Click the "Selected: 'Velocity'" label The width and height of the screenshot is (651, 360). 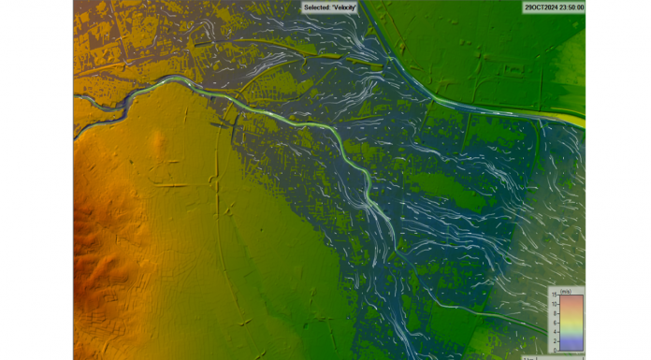pyautogui.click(x=330, y=7)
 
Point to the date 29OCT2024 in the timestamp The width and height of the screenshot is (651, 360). pyautogui.click(x=541, y=7)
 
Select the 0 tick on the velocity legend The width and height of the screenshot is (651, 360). pyautogui.click(x=556, y=350)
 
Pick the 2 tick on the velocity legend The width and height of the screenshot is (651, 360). pyautogui.click(x=556, y=339)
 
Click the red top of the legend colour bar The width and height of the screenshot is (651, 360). pyautogui.click(x=571, y=299)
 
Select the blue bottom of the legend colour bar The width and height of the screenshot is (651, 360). pyautogui.click(x=571, y=347)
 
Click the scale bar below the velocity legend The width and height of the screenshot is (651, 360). pyautogui.click(x=552, y=357)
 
